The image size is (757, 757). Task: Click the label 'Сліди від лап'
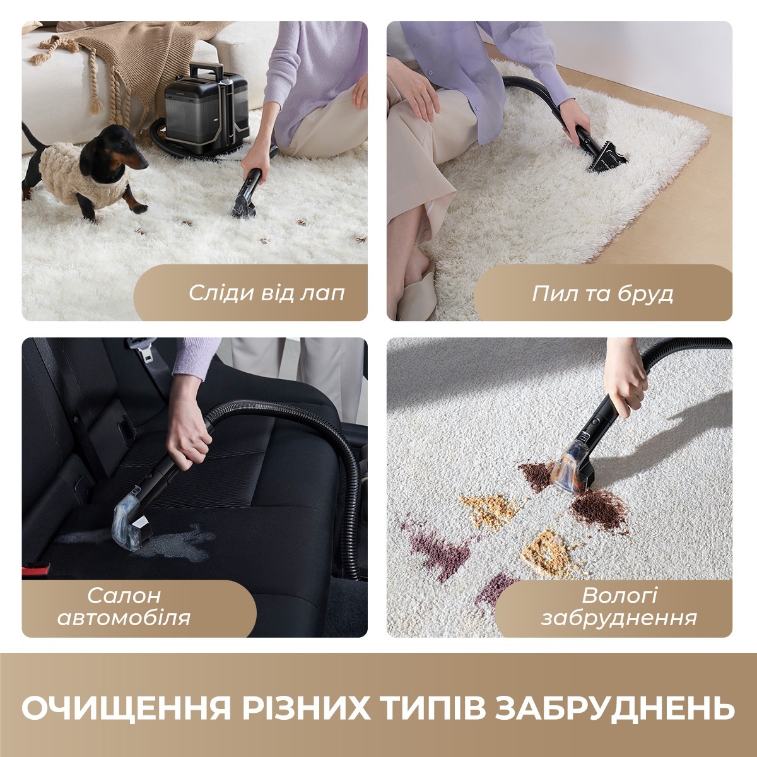[267, 293]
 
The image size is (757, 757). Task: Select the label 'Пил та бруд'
[602, 293]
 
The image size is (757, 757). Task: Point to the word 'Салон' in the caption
[124, 596]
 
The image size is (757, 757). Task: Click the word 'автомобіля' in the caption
[124, 617]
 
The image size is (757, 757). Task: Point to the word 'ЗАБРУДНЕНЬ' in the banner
[615, 708]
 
